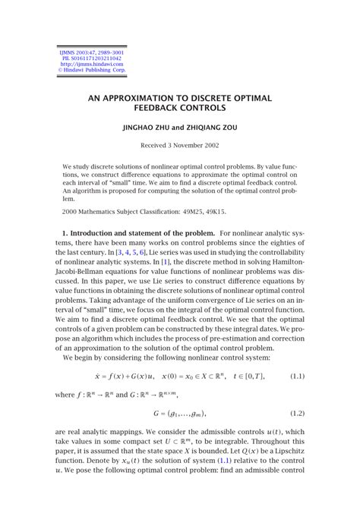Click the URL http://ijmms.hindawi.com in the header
pyautogui.click(x=86, y=65)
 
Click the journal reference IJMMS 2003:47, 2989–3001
pyautogui.click(x=86, y=52)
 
